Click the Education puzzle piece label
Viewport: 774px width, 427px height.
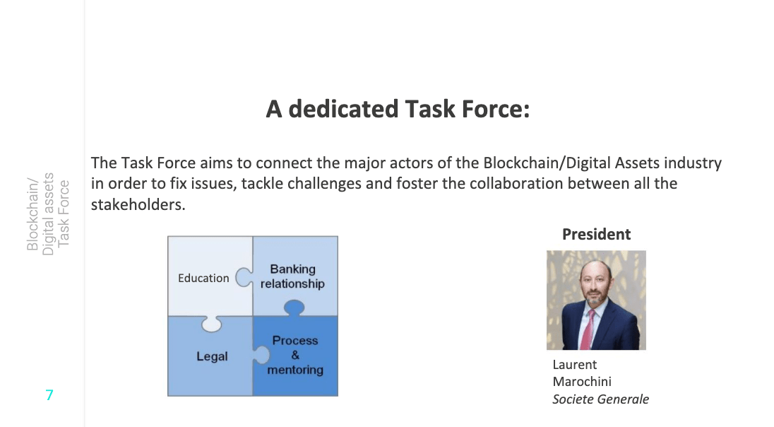point(203,279)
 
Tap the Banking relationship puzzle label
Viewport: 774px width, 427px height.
point(292,276)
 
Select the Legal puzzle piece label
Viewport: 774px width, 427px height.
point(213,356)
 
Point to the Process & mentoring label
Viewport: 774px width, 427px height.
point(295,355)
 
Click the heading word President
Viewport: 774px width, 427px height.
point(596,234)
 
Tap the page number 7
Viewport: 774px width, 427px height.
point(49,395)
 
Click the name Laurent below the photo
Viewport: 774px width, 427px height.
point(575,365)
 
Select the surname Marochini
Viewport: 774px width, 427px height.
point(582,382)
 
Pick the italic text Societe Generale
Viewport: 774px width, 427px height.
point(601,399)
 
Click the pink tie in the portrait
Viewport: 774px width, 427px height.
point(587,329)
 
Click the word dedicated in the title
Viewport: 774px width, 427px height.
point(343,109)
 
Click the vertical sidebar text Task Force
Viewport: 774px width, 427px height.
point(64,213)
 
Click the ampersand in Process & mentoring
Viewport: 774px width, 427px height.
point(295,355)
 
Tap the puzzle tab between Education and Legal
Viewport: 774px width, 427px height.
point(211,324)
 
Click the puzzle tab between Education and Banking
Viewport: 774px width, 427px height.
point(244,277)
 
